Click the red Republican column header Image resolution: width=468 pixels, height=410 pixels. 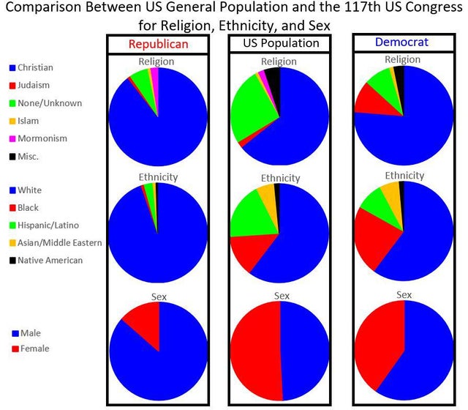(x=159, y=44)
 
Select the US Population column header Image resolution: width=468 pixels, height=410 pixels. (x=281, y=43)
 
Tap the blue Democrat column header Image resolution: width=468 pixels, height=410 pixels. (x=401, y=42)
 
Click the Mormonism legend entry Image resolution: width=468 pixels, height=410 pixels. (x=38, y=138)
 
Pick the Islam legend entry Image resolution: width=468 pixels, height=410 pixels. (x=24, y=121)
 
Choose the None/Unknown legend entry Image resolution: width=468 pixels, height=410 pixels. (x=45, y=103)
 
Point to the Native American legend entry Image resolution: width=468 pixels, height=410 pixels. (x=46, y=261)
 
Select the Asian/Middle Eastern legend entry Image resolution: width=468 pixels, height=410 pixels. (x=56, y=242)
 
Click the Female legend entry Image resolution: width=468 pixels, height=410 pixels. (x=31, y=348)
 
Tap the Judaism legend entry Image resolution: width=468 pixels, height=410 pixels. (x=29, y=85)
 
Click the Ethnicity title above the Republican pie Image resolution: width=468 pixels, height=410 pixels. (x=158, y=177)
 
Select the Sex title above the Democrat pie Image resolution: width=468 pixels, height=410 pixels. (x=404, y=295)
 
